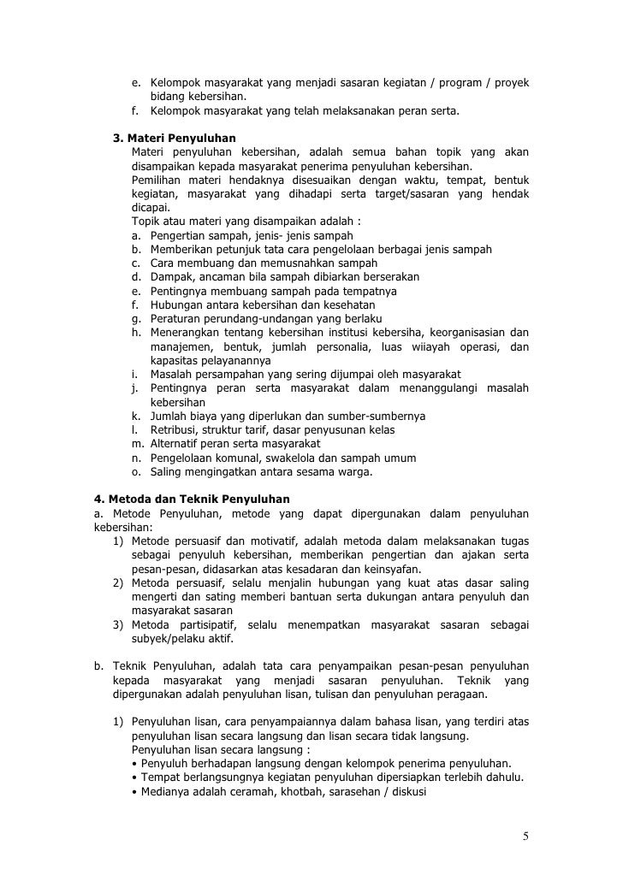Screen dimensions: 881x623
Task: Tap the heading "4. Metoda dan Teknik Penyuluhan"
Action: pyautogui.click(x=192, y=499)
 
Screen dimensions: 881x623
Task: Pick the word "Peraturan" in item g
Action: pyautogui.click(x=176, y=318)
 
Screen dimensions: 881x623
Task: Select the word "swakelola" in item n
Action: pyautogui.click(x=293, y=458)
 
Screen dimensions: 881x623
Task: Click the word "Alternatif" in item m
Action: pyautogui.click(x=177, y=444)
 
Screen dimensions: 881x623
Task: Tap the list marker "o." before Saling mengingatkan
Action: pyautogui.click(x=137, y=471)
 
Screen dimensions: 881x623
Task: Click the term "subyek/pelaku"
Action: pyautogui.click(x=171, y=638)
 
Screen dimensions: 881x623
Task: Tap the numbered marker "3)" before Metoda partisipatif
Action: pyautogui.click(x=121, y=624)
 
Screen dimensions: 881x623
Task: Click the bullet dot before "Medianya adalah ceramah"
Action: pyautogui.click(x=137, y=791)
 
